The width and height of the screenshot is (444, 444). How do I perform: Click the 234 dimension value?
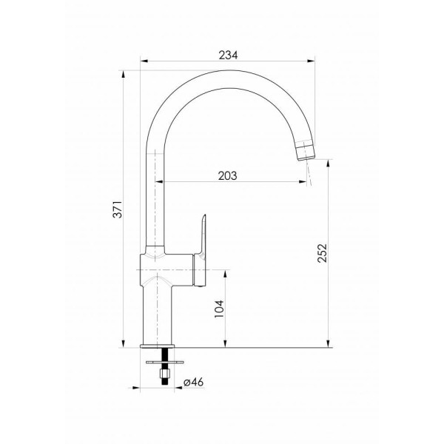click(228, 55)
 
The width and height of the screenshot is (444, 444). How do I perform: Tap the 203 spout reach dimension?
click(228, 176)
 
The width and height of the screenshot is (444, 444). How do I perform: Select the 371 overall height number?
click(118, 209)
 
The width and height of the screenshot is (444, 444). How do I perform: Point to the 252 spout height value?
click(322, 253)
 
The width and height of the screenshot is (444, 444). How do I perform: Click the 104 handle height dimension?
click(219, 309)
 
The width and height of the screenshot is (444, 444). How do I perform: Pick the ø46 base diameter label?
click(194, 382)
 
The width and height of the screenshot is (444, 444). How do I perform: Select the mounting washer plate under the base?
click(165, 362)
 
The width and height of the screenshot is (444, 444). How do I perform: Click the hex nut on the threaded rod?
click(165, 374)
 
